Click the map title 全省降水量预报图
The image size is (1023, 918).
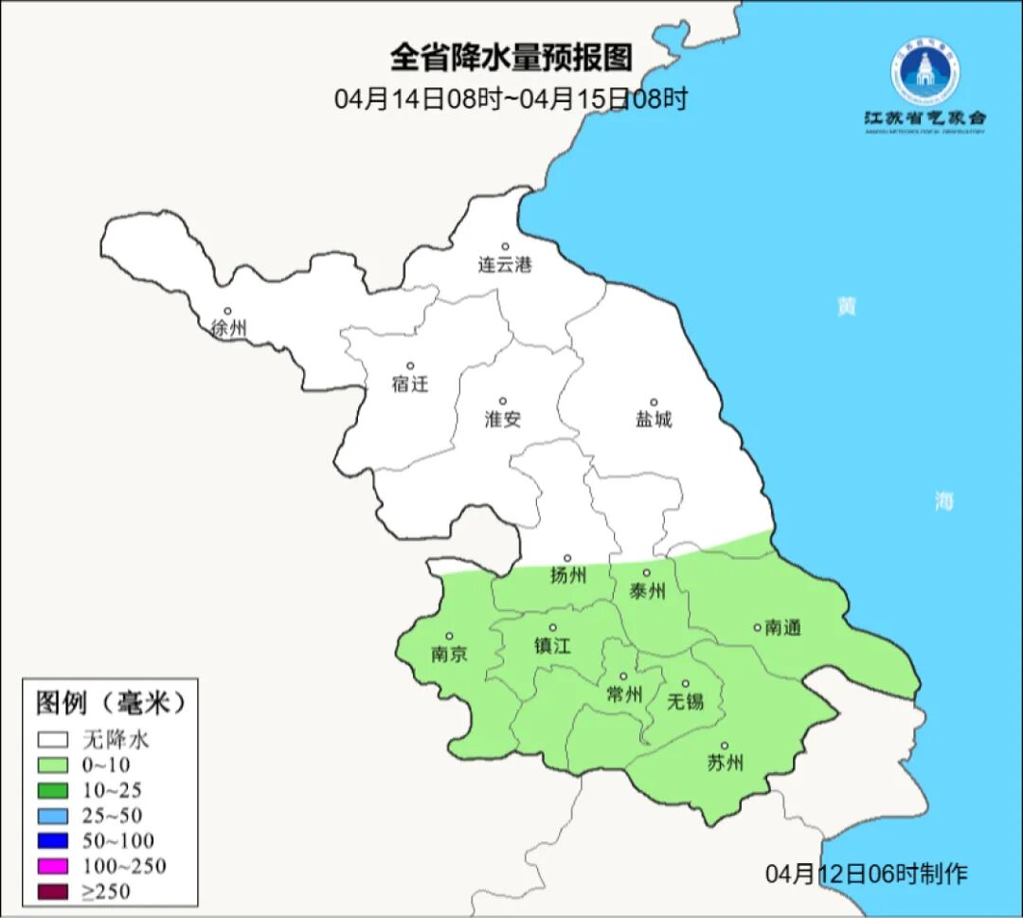511,58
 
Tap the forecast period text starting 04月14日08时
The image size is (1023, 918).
511,99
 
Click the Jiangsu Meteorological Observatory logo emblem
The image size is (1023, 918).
924,72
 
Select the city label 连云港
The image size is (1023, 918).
505,265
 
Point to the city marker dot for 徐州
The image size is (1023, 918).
227,311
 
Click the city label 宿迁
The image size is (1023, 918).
410,385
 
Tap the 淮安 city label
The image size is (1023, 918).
503,420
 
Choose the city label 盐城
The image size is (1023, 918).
653,420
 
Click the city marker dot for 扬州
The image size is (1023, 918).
567,559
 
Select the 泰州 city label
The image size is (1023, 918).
647,592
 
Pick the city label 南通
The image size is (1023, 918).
783,627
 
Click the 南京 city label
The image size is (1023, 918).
449,655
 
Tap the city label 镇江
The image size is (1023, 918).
553,646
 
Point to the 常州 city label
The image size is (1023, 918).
623,695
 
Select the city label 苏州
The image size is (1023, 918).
725,764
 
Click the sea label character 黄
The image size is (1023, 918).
846,307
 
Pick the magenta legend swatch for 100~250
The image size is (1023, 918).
53,866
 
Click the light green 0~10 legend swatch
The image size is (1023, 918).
53,765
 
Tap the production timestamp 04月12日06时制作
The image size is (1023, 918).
867,873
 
